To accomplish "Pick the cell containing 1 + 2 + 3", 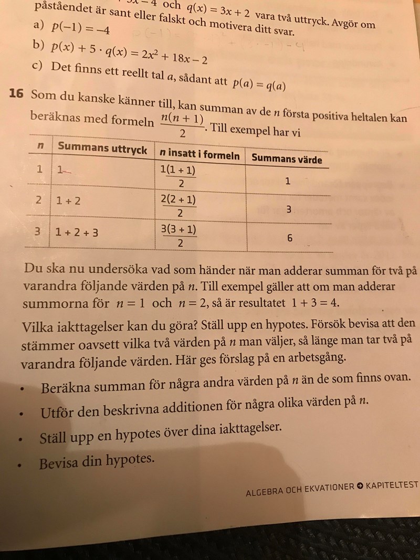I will point(77,231).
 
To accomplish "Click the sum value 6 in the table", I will point(290,238).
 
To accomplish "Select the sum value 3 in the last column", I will point(288,209).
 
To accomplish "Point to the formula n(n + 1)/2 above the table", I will point(182,125).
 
